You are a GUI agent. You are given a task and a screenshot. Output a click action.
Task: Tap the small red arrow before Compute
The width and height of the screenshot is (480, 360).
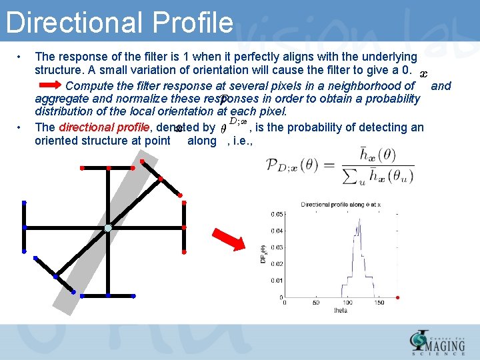pos(49,86)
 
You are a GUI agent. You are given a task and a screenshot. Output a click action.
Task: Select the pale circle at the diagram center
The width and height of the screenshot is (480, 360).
pos(108,229)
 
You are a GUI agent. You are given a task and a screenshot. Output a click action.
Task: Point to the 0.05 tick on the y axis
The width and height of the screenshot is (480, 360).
pos(275,214)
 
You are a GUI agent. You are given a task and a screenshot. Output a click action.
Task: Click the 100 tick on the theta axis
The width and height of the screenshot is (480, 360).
pos(349,303)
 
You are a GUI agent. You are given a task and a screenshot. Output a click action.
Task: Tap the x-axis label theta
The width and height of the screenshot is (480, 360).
pos(341,311)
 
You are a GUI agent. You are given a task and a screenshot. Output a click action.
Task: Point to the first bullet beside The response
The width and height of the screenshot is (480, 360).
pos(22,57)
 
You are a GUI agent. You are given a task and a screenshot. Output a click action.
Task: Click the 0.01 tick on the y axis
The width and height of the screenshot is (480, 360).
pos(275,280)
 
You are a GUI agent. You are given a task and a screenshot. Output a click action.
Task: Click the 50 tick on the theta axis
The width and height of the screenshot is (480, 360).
pos(317,303)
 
